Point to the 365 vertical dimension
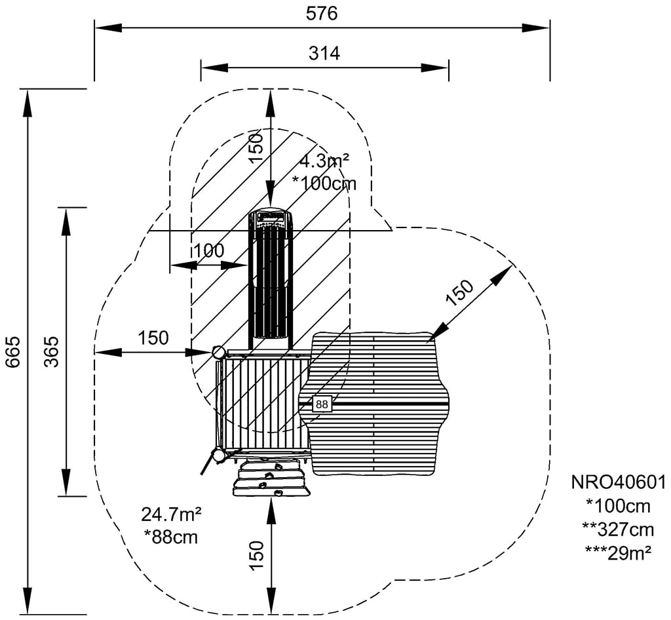point(52,351)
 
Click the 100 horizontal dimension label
point(208,250)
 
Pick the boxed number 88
point(322,404)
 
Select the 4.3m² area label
point(324,161)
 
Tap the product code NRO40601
point(619,483)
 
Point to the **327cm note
point(619,528)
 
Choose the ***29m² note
point(619,551)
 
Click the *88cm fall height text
point(171,536)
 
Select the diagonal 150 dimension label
point(459,292)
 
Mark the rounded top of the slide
point(271,218)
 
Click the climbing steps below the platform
point(270,477)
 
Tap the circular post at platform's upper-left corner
point(218,353)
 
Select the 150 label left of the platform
point(153,338)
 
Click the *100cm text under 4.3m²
point(325,184)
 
